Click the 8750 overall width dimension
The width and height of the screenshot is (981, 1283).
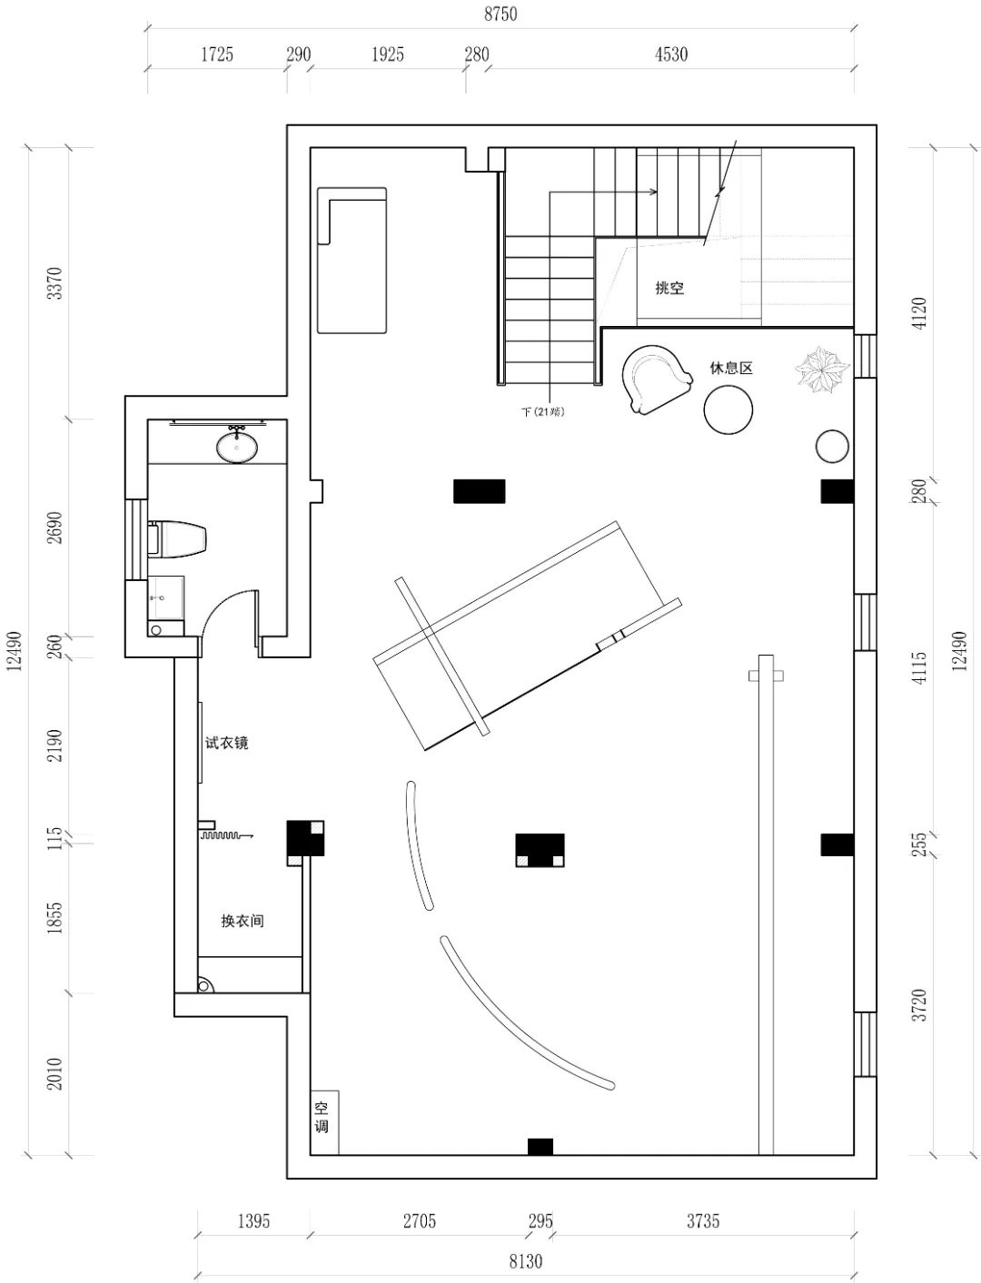click(x=500, y=14)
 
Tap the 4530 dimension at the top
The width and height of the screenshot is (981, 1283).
click(x=671, y=54)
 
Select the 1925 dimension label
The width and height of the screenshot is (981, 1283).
click(x=388, y=54)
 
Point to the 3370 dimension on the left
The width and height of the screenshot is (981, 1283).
click(x=54, y=283)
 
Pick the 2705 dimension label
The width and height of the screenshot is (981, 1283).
click(x=419, y=1220)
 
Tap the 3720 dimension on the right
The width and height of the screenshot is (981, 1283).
click(x=919, y=1005)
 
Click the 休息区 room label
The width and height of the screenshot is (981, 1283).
click(x=731, y=368)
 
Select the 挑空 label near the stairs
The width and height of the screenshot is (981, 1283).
click(x=669, y=288)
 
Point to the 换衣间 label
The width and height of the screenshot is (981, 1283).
click(x=242, y=921)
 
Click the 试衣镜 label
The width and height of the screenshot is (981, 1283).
click(x=226, y=743)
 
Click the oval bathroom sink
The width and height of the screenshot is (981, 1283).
click(x=237, y=447)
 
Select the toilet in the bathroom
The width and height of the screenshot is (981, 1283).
click(x=177, y=538)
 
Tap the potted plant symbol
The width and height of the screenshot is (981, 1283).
click(x=821, y=370)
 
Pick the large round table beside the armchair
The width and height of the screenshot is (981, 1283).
click(x=728, y=410)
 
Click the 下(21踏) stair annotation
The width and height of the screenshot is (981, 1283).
click(x=543, y=411)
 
